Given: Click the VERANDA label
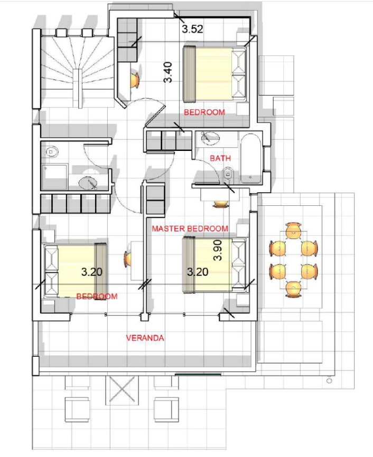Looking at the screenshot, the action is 145,338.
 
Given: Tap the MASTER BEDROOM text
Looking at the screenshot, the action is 190,229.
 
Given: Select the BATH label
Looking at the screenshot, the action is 220,158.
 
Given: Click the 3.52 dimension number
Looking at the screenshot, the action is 192,29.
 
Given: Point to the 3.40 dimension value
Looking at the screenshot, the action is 169,72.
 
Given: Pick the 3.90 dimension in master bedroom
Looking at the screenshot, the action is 218,250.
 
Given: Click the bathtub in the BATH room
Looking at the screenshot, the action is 251,158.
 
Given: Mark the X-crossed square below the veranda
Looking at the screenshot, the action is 122,389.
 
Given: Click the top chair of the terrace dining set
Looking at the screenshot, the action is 293,230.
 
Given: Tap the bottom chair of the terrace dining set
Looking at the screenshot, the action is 293,289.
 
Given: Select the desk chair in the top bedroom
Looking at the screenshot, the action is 135,80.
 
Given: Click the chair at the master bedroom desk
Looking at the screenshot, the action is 221,204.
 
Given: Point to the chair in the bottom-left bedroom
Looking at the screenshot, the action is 127,259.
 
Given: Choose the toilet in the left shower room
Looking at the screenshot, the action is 52,152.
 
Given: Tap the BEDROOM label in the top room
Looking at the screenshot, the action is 204,112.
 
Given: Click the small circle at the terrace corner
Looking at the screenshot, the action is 330,380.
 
